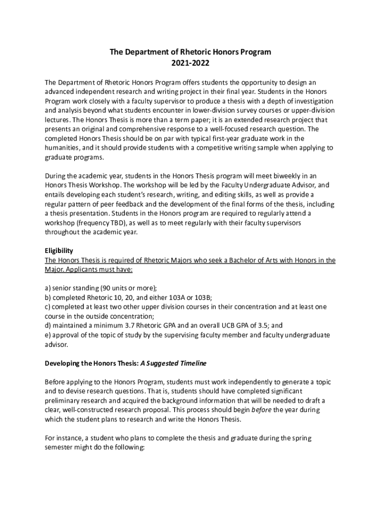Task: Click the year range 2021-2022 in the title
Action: [x=190, y=63]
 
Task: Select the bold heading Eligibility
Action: [x=59, y=251]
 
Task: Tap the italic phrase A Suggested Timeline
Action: [x=174, y=363]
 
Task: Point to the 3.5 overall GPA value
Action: [x=257, y=326]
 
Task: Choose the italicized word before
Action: [x=261, y=410]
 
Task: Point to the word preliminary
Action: [x=64, y=401]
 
